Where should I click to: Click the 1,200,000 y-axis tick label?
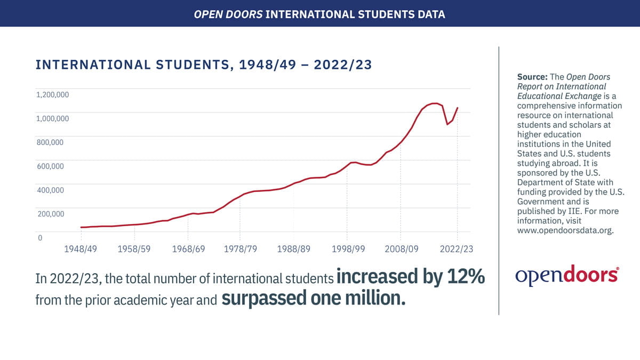point(52,95)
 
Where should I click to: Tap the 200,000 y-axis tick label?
point(50,214)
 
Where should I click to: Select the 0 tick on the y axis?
point(40,237)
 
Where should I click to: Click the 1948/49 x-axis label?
point(81,249)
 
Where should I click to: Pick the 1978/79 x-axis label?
point(239,249)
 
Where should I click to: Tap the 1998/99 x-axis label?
point(347,249)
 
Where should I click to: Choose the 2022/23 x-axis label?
point(457,249)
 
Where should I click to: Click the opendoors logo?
point(567,275)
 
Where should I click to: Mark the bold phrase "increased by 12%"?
point(410,277)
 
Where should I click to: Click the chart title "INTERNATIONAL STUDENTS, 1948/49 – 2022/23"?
point(203,65)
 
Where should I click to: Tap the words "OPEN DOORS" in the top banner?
point(229,14)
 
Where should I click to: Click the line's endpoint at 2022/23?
point(458,108)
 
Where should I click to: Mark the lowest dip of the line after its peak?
point(447,124)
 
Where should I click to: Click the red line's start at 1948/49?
point(81,227)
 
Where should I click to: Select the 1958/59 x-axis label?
point(134,249)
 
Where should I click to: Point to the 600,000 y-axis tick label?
point(50,166)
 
